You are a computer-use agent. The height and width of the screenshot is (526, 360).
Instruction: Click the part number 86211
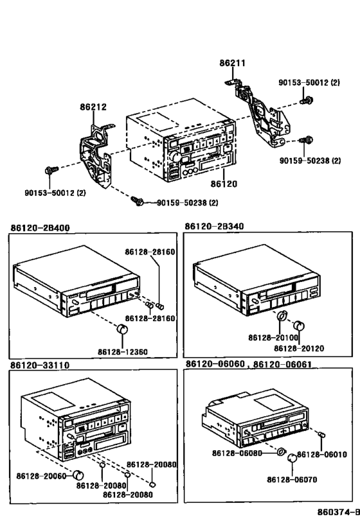pos(232,64)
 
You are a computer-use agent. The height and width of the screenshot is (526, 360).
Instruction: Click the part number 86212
pos(93,107)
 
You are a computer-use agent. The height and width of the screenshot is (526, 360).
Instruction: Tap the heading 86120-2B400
pos(40,227)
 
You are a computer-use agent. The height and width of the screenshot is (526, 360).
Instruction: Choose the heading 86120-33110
pos(40,365)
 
